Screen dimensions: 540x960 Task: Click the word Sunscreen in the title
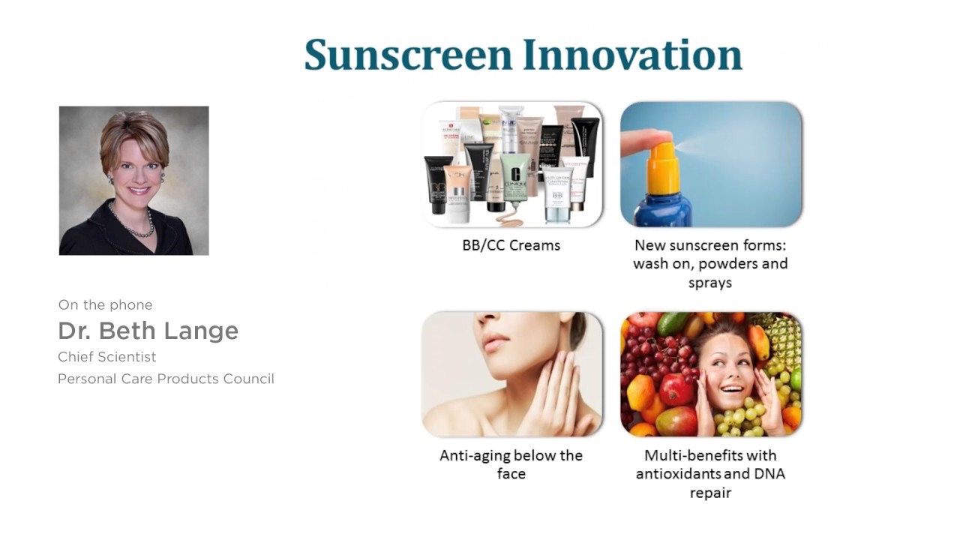tap(408, 55)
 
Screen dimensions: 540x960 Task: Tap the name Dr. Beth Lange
tap(148, 330)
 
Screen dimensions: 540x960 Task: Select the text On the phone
tap(105, 304)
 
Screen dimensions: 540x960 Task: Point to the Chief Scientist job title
tap(107, 356)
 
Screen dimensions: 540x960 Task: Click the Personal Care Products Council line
tap(166, 379)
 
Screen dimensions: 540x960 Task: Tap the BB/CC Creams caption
tap(511, 245)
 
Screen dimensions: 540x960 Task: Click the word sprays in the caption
tap(709, 283)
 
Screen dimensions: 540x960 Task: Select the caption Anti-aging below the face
tap(511, 463)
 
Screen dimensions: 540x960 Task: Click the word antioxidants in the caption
tap(680, 474)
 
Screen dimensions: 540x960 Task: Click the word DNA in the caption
tap(769, 474)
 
